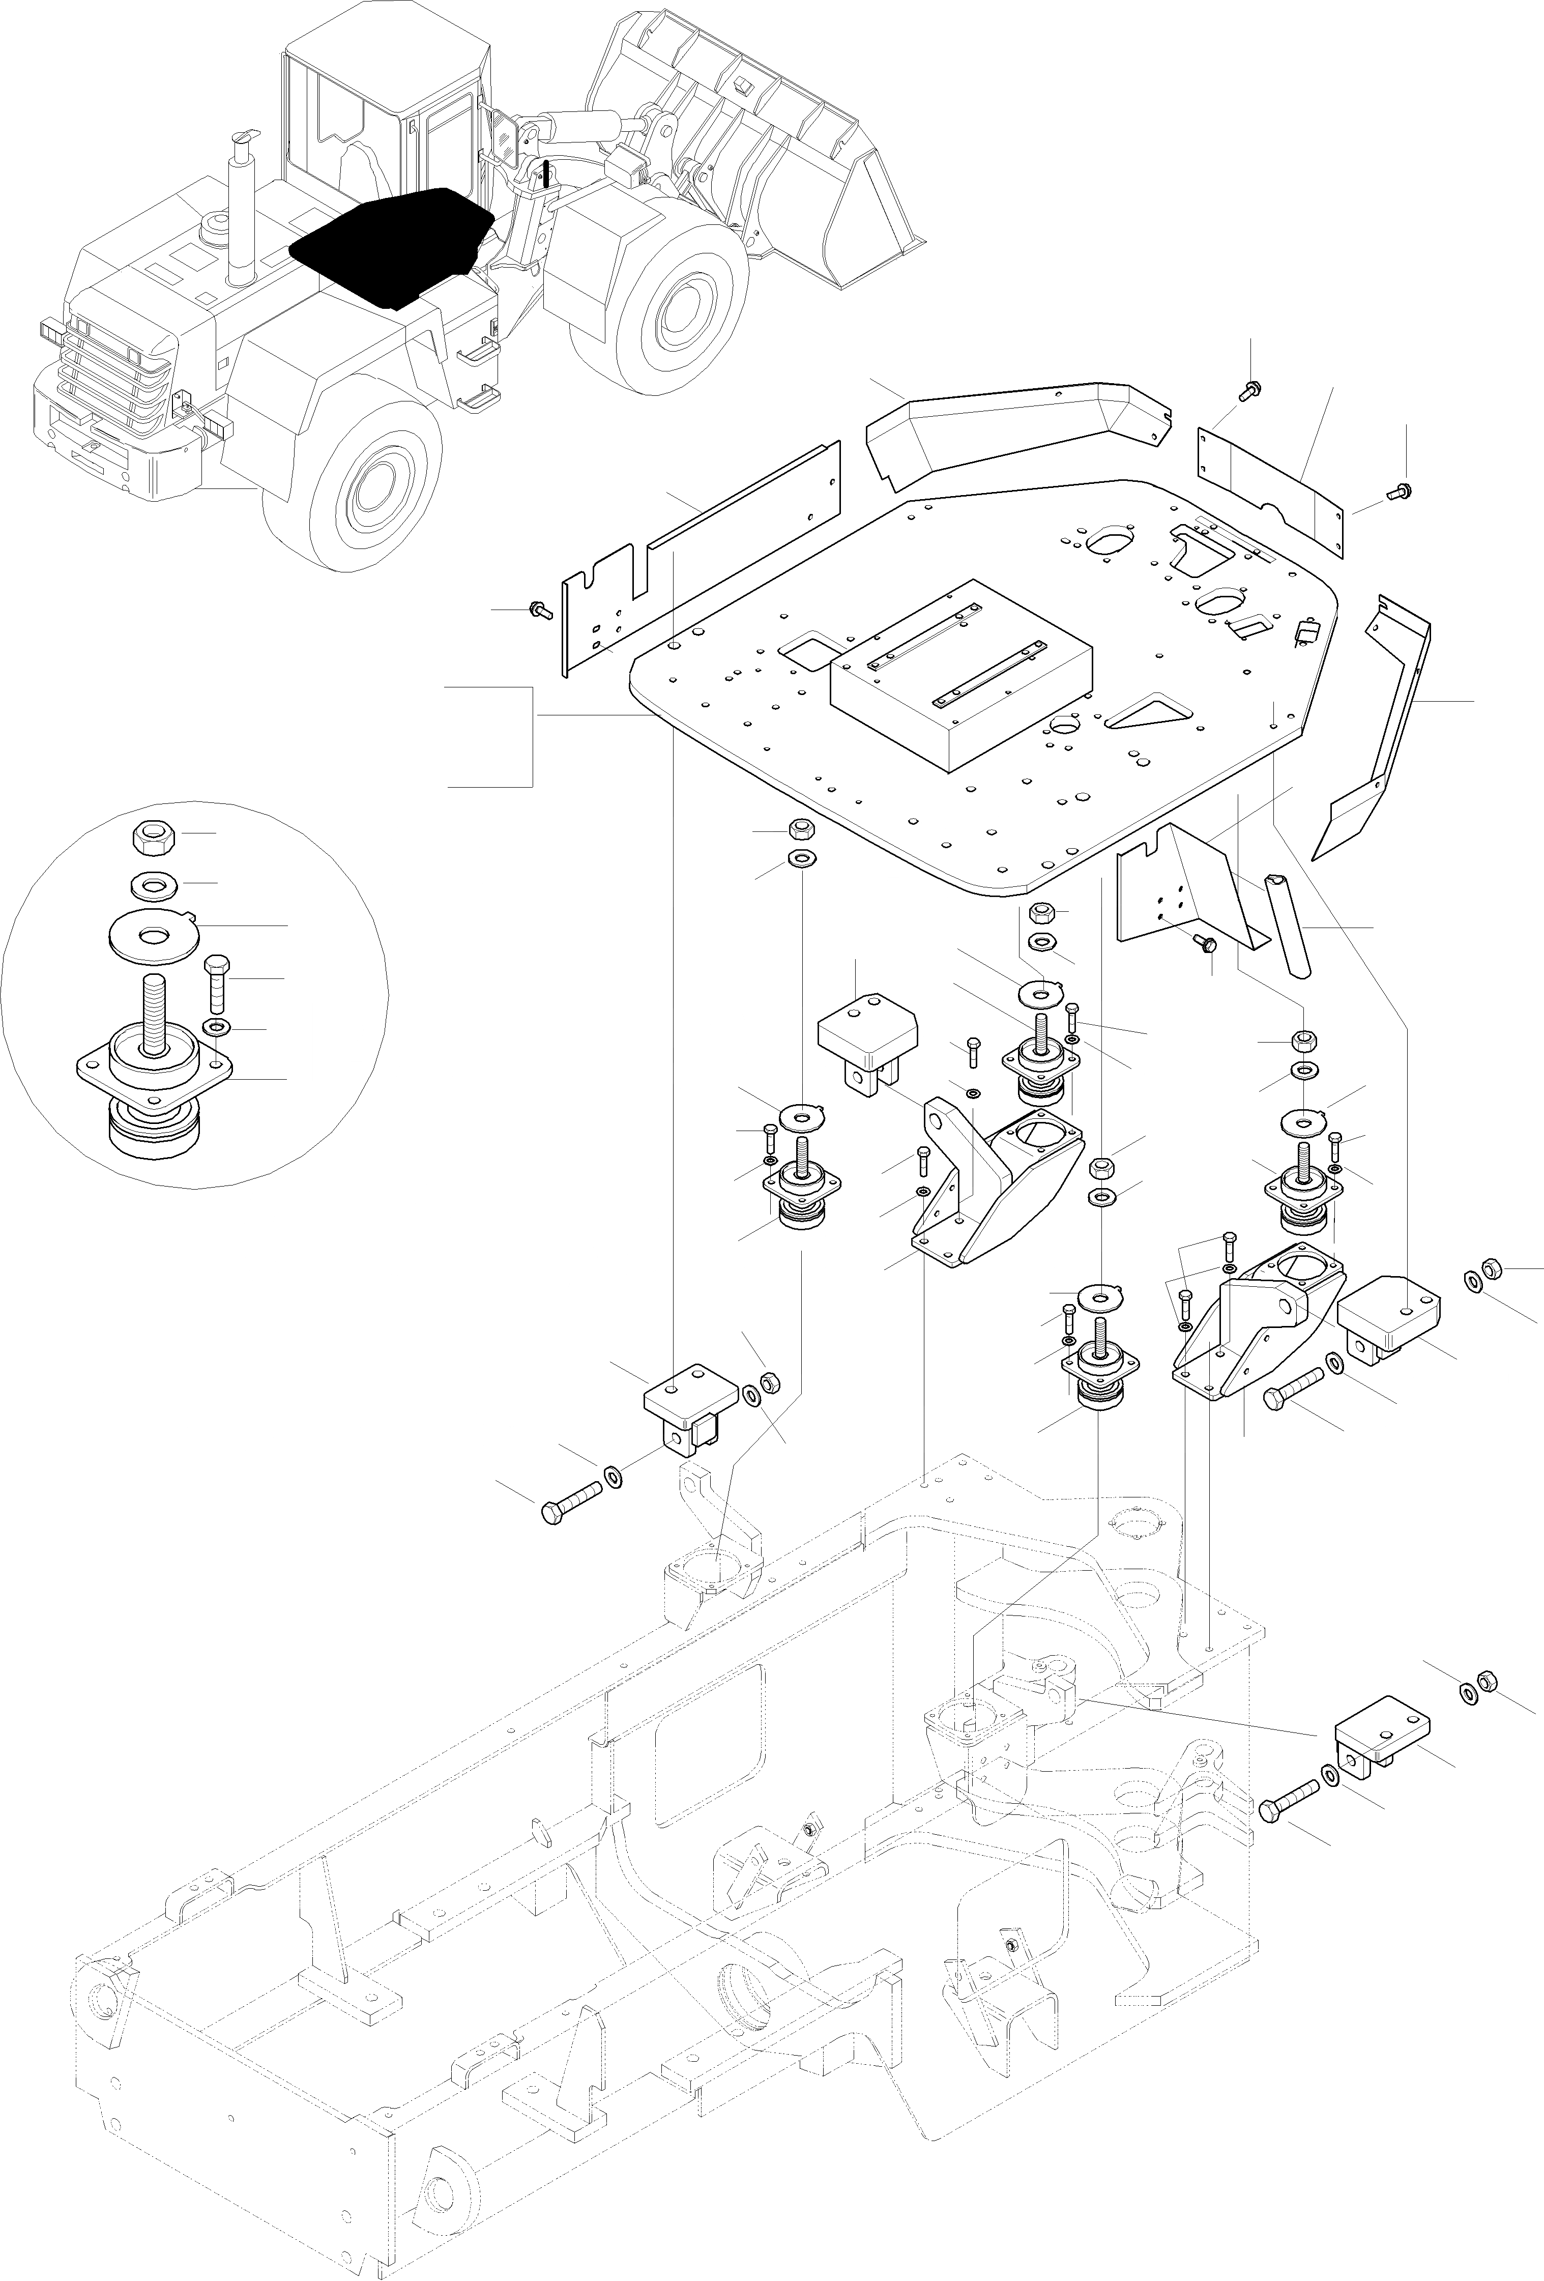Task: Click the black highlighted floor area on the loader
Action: pos(393,245)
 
